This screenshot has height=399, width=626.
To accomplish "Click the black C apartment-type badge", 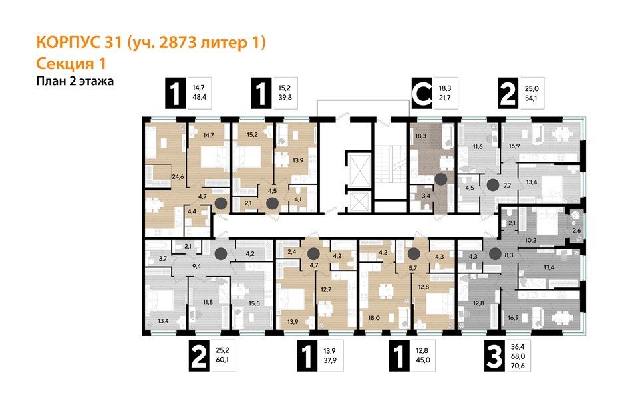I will coord(420,94).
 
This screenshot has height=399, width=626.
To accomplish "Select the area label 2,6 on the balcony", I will coord(577,230).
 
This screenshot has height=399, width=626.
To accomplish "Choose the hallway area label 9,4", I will coord(196,265).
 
